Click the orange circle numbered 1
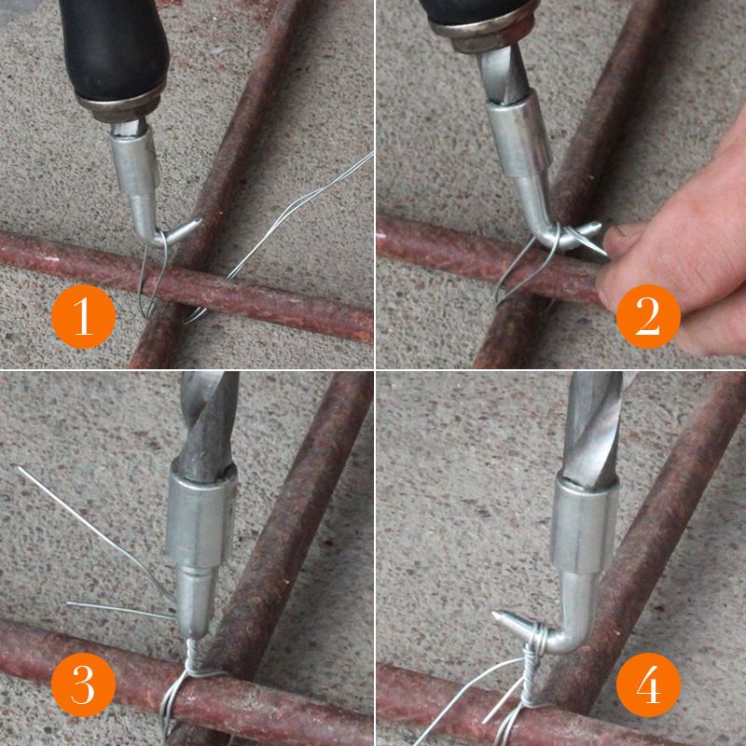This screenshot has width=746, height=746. [83, 316]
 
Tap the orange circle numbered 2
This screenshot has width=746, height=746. [648, 316]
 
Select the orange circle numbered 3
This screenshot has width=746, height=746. [83, 684]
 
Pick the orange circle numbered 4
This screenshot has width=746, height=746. [648, 684]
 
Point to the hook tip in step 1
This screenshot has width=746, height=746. [199, 222]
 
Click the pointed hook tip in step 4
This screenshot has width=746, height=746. [495, 615]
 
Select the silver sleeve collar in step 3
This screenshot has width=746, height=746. [201, 517]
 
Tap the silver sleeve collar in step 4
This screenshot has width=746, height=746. [585, 525]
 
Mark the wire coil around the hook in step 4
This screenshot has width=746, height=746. [535, 640]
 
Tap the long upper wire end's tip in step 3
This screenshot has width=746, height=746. [19, 468]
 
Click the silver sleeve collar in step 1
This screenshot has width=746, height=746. [135, 162]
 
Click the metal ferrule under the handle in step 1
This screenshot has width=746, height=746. [120, 104]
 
